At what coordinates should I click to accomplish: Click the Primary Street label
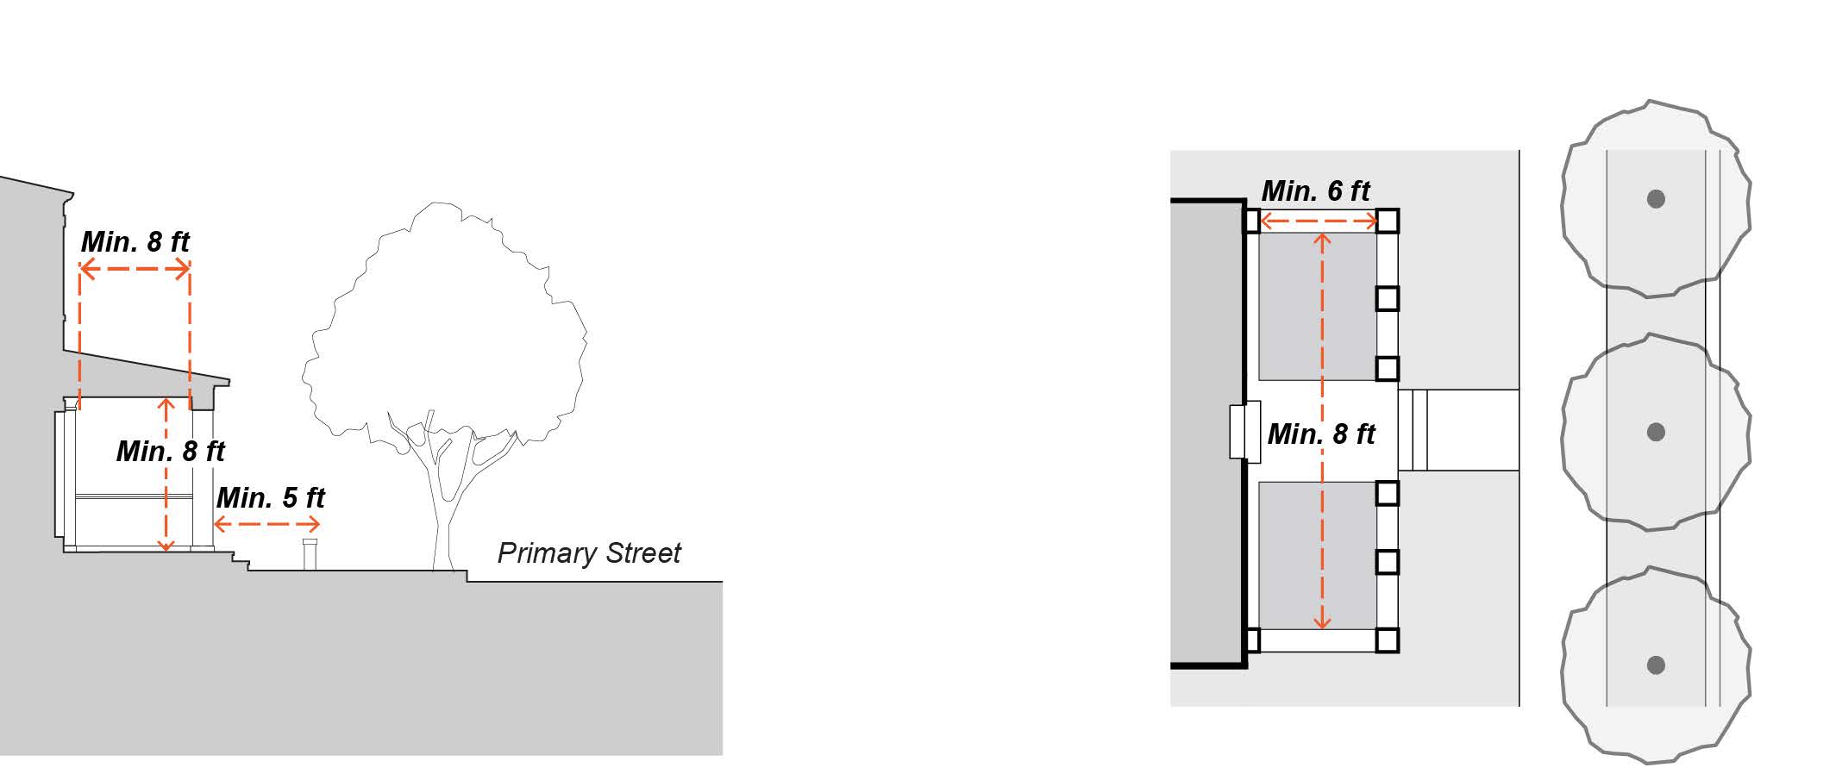point(589,553)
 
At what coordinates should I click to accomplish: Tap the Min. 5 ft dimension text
point(271,498)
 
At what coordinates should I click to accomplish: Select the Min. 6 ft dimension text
point(1316,190)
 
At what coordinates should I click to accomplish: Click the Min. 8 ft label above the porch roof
point(135,242)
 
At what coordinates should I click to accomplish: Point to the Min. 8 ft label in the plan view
point(1321,434)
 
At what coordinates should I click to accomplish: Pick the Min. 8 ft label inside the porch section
point(171,452)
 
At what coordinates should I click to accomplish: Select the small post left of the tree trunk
point(310,554)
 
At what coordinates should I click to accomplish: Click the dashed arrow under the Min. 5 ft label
point(266,524)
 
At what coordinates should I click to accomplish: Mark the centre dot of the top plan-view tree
point(1656,199)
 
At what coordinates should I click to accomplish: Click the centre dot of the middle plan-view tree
point(1656,432)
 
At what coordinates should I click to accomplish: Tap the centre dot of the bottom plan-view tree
point(1656,665)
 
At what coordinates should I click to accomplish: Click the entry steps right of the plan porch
point(1413,430)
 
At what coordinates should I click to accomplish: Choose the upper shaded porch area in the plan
point(1317,307)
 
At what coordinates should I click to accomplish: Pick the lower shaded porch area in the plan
point(1317,555)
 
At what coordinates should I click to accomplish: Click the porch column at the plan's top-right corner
point(1387,222)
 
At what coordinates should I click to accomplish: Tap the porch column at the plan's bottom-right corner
point(1387,640)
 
